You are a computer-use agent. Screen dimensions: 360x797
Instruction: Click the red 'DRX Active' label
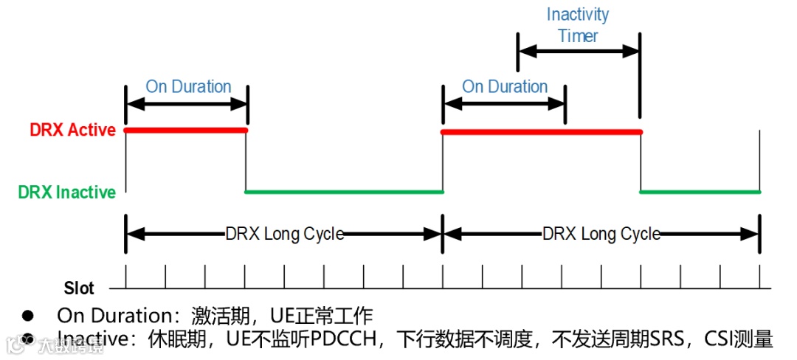tap(72, 131)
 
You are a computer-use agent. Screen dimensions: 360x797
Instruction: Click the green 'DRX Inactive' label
tap(67, 193)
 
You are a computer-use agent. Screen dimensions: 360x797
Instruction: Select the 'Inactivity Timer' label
tap(578, 25)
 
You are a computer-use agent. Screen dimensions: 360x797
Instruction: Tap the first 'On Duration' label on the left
tap(188, 86)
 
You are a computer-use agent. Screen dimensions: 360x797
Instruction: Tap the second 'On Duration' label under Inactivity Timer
tap(505, 86)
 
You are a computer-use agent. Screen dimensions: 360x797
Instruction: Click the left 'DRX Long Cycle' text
tap(284, 235)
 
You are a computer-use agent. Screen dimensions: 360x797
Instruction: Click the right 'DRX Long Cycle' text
tap(601, 235)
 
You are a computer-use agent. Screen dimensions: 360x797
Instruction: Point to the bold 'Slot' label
tap(79, 288)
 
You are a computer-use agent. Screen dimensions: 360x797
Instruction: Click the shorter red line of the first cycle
tap(186, 131)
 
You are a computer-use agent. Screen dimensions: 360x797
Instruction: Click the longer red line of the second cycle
tap(541, 131)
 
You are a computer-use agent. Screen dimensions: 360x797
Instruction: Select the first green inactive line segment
tap(344, 192)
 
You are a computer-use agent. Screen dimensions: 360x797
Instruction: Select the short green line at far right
tap(700, 192)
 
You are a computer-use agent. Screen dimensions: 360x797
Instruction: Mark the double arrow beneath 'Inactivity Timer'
tap(578, 52)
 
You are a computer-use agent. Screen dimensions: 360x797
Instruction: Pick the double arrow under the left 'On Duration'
tap(187, 104)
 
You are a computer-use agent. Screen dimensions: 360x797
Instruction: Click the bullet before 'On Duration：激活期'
tap(28, 316)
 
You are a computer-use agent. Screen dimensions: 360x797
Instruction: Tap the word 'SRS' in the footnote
tap(665, 339)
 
